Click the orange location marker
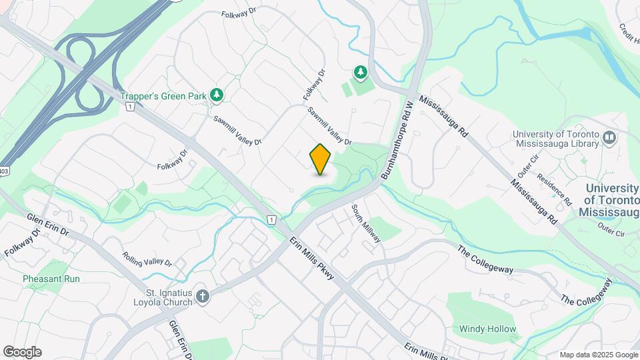[321, 159]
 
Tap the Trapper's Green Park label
[163, 96]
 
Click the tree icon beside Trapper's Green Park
[216, 96]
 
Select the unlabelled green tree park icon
[361, 71]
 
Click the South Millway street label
[366, 223]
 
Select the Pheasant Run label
[51, 279]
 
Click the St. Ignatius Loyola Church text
[169, 297]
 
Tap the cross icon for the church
[203, 295]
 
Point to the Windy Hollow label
[487, 329]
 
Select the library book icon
[609, 138]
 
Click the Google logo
[22, 352]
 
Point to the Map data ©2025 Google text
[597, 355]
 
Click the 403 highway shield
[4, 171]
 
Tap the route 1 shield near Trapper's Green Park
[130, 107]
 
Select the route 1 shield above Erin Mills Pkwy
[271, 219]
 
